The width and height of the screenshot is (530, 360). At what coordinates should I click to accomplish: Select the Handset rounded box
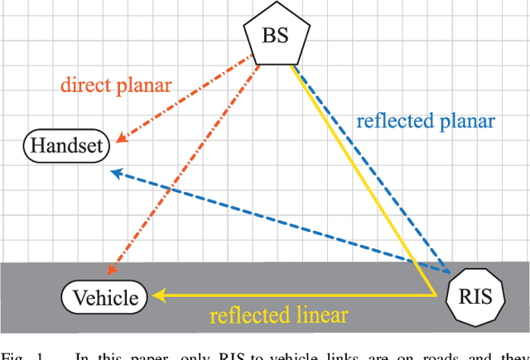(x=65, y=146)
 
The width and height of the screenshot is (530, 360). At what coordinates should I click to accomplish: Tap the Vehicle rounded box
(x=105, y=297)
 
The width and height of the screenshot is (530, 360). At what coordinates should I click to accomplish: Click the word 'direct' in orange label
(x=87, y=84)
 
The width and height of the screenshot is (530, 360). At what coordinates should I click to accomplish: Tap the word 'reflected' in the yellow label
(x=246, y=315)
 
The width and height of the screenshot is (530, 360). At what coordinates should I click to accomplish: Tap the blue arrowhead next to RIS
(x=446, y=268)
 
